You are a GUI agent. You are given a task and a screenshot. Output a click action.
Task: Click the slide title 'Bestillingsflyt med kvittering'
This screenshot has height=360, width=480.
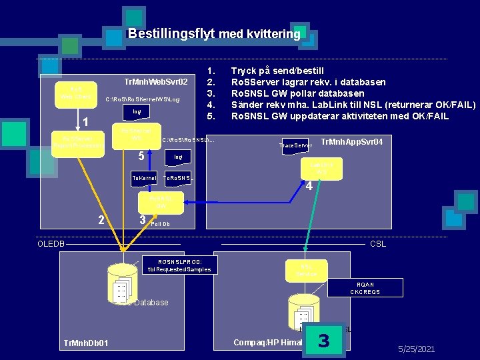click(x=214, y=33)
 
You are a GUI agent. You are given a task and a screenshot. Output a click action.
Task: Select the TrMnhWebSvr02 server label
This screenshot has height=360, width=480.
click(x=160, y=82)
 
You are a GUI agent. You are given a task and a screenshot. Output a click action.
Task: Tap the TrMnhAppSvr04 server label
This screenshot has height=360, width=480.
click(x=351, y=141)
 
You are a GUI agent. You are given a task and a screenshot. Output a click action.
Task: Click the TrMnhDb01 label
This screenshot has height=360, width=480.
click(x=86, y=343)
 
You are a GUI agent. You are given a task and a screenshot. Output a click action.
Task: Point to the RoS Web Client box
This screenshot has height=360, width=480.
click(x=73, y=92)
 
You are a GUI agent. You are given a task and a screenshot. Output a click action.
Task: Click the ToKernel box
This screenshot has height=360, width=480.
click(x=145, y=179)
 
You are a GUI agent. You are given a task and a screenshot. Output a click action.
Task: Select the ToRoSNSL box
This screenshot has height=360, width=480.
click(x=179, y=179)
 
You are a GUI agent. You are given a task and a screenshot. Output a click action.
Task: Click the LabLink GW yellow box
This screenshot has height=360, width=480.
click(x=322, y=168)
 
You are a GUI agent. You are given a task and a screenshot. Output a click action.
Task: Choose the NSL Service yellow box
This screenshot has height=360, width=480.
click(x=307, y=269)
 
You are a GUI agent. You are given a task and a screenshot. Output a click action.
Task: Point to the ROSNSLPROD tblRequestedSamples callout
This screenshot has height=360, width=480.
click(x=179, y=265)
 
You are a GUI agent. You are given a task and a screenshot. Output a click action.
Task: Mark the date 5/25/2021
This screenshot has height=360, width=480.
click(x=416, y=349)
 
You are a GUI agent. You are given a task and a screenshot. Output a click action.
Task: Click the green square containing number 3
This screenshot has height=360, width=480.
click(x=324, y=341)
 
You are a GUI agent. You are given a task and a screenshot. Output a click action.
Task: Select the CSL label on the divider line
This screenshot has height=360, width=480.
click(x=379, y=244)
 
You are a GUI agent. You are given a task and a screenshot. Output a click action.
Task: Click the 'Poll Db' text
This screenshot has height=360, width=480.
click(x=161, y=224)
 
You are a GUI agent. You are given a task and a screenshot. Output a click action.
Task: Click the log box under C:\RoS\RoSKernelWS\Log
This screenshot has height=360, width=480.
click(x=137, y=111)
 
